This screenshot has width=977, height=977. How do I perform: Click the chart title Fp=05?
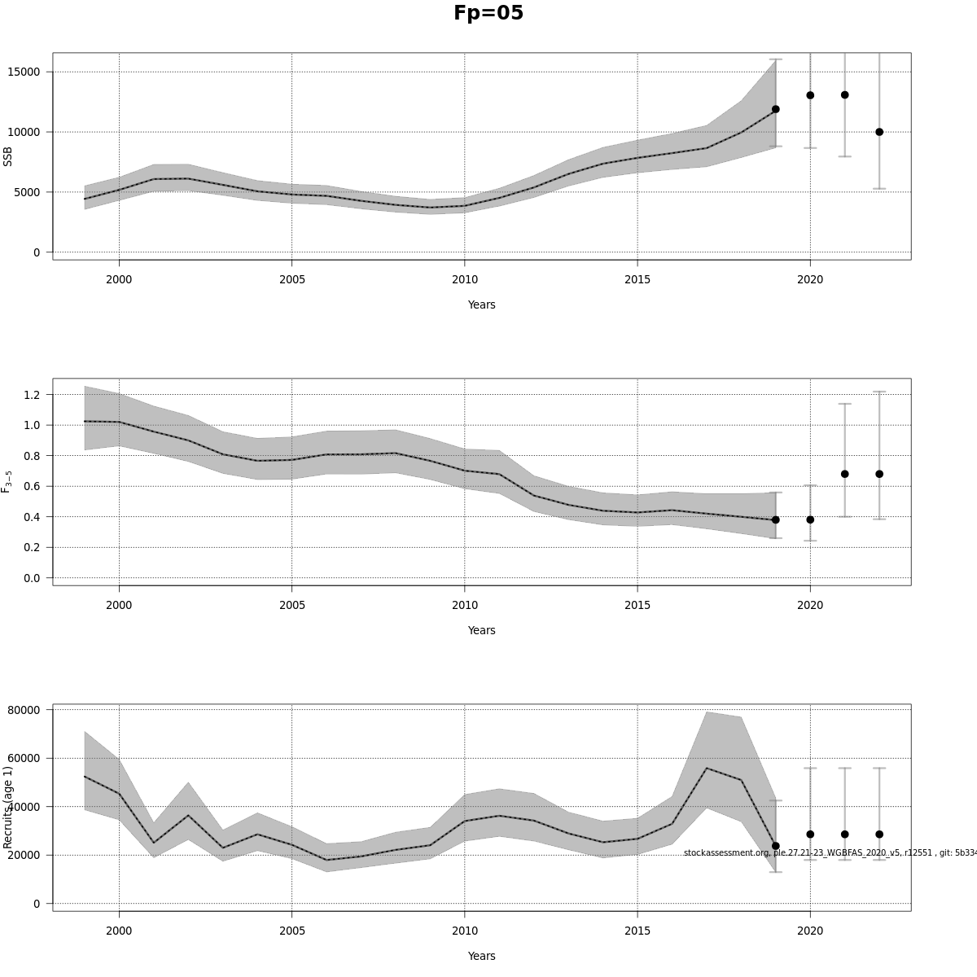(488, 14)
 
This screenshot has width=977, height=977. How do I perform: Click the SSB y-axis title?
(8, 156)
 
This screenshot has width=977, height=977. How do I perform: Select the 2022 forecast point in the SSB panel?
(879, 132)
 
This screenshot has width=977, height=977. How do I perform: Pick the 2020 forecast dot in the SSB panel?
(810, 95)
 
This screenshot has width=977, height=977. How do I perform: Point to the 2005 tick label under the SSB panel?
(291, 280)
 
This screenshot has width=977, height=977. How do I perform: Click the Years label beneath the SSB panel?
(481, 304)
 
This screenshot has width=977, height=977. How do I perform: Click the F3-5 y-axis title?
(7, 481)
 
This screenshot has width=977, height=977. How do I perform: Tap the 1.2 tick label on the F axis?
(32, 395)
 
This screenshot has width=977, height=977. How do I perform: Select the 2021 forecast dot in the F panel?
(844, 474)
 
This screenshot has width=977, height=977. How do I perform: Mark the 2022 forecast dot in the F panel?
(879, 474)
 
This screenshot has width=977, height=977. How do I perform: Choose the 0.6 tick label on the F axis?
(32, 486)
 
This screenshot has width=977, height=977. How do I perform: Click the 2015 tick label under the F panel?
(637, 606)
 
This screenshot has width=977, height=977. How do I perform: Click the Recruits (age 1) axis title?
(8, 807)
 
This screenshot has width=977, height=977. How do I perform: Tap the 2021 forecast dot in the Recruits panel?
(844, 834)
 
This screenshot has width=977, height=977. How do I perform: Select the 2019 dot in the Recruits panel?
(775, 846)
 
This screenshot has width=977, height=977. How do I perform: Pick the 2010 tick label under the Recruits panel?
(464, 931)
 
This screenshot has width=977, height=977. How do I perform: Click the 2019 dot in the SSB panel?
(775, 109)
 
